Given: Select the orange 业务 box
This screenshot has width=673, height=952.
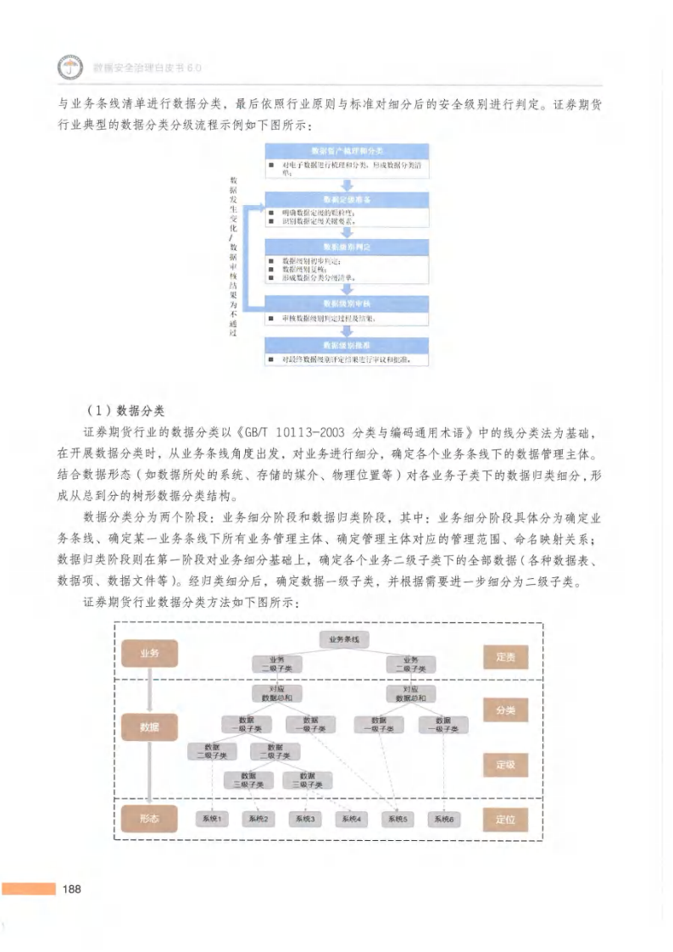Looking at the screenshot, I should point(149,654).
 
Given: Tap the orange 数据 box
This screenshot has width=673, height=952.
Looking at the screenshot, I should point(149,727).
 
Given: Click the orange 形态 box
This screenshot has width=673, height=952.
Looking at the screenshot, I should point(149,818).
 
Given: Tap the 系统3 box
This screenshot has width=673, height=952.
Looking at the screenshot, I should point(303,819).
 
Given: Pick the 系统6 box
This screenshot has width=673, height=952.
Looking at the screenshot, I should point(443,819).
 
